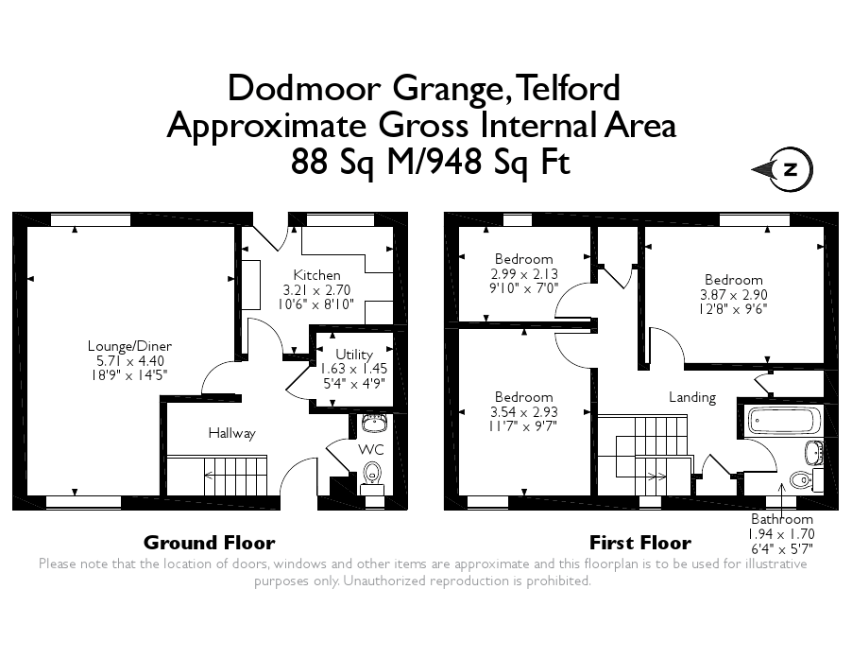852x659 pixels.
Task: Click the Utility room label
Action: (x=354, y=355)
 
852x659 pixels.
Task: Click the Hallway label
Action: (x=231, y=434)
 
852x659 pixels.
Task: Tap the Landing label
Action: (x=692, y=397)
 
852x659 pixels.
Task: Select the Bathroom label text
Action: (x=781, y=519)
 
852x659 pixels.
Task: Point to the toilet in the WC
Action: (x=374, y=473)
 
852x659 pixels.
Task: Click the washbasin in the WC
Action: (x=374, y=420)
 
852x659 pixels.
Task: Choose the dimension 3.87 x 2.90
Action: (x=733, y=295)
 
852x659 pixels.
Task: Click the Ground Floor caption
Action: (x=209, y=543)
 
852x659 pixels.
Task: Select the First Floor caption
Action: (x=639, y=543)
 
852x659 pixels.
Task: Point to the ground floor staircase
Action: (x=236, y=473)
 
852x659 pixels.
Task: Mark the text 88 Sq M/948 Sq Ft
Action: (x=431, y=163)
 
